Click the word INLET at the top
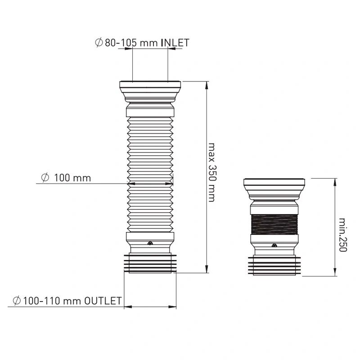175,43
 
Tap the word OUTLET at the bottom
103,301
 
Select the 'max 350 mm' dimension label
212,172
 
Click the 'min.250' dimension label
342,235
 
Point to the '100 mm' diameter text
72,178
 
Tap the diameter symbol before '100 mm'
45,178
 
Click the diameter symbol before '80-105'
99,43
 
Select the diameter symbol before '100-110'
17,301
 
